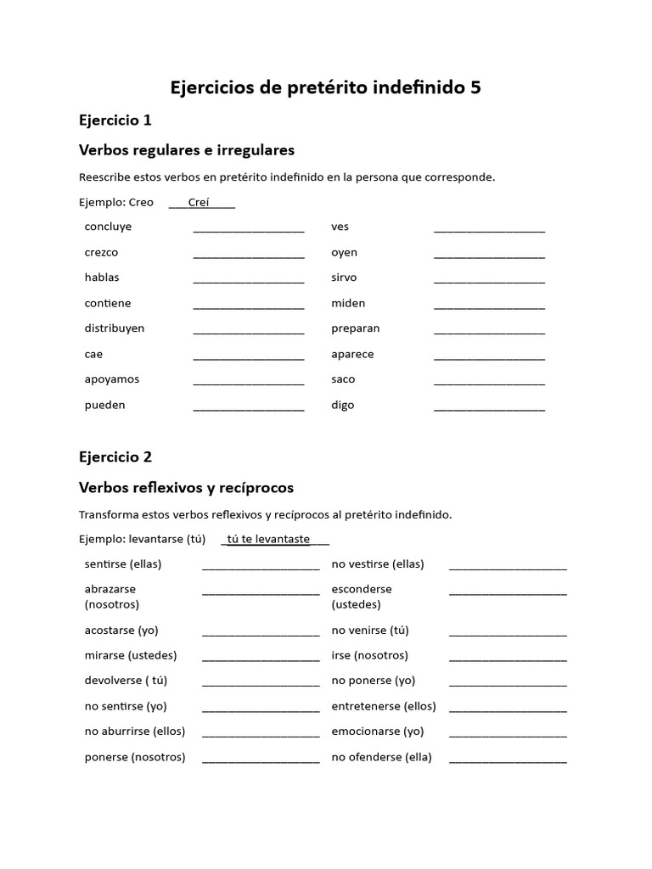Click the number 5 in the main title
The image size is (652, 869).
click(475, 87)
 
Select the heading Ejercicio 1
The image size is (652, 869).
click(115, 120)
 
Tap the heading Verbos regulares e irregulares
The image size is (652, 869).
click(186, 150)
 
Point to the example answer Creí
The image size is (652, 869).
click(199, 202)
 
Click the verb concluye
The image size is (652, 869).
click(108, 227)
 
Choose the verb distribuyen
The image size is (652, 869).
click(114, 328)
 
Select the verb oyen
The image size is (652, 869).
click(344, 252)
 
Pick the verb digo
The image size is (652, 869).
click(342, 405)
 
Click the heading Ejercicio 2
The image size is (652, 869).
click(115, 457)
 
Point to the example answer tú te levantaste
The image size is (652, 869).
click(268, 539)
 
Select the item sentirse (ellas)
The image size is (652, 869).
click(122, 564)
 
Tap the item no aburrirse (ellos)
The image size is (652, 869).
click(134, 732)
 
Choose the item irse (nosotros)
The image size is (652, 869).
click(369, 655)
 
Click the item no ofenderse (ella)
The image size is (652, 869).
click(381, 757)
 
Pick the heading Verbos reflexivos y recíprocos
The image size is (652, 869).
click(186, 488)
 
